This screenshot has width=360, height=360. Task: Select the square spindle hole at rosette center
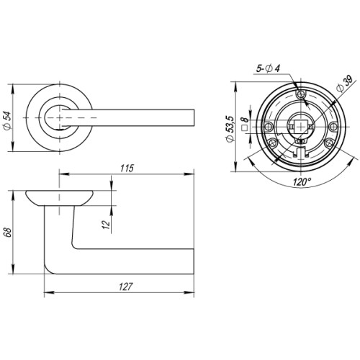point(297,125)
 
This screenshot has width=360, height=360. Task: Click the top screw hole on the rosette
point(302,94)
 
